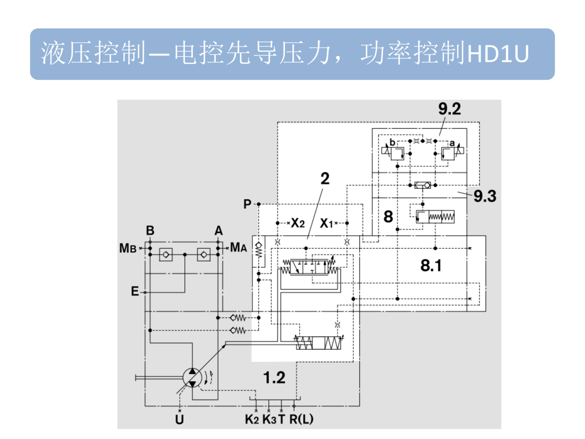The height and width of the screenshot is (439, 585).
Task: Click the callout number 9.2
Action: click(449, 109)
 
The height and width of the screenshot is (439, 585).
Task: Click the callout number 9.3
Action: click(485, 196)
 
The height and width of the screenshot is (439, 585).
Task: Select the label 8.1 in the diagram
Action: click(431, 265)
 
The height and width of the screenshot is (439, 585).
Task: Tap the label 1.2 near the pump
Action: click(274, 377)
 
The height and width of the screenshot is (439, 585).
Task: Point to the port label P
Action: click(247, 204)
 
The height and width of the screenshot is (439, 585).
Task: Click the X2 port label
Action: click(298, 223)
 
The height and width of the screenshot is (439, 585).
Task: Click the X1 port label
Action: click(327, 223)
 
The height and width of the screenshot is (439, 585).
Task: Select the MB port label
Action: click(128, 248)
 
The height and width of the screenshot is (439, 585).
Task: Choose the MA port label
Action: click(238, 247)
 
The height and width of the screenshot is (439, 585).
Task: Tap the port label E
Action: click(135, 291)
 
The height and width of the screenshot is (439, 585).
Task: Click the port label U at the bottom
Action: click(179, 420)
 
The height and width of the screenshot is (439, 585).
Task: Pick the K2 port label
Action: click(252, 419)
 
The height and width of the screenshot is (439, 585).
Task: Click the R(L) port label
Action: click(301, 419)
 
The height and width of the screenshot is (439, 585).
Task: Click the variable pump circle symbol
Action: click(192, 377)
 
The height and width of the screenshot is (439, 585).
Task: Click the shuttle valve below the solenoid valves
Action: click(423, 185)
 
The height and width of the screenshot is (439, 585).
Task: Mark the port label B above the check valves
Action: click(150, 230)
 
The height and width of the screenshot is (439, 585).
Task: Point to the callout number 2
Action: click(325, 178)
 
